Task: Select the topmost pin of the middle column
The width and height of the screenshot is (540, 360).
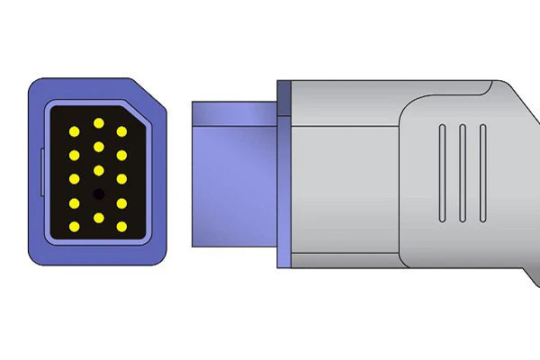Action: click(98, 122)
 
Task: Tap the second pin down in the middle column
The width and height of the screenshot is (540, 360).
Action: click(98, 146)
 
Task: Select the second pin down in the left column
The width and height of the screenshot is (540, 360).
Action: click(75, 155)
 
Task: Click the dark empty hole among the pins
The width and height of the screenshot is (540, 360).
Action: click(98, 193)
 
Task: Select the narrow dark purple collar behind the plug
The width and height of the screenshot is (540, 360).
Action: click(284, 173)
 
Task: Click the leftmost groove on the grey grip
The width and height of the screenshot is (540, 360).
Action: click(442, 173)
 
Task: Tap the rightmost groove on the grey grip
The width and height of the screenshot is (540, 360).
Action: click(483, 173)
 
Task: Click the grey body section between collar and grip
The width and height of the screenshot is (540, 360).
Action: click(346, 173)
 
